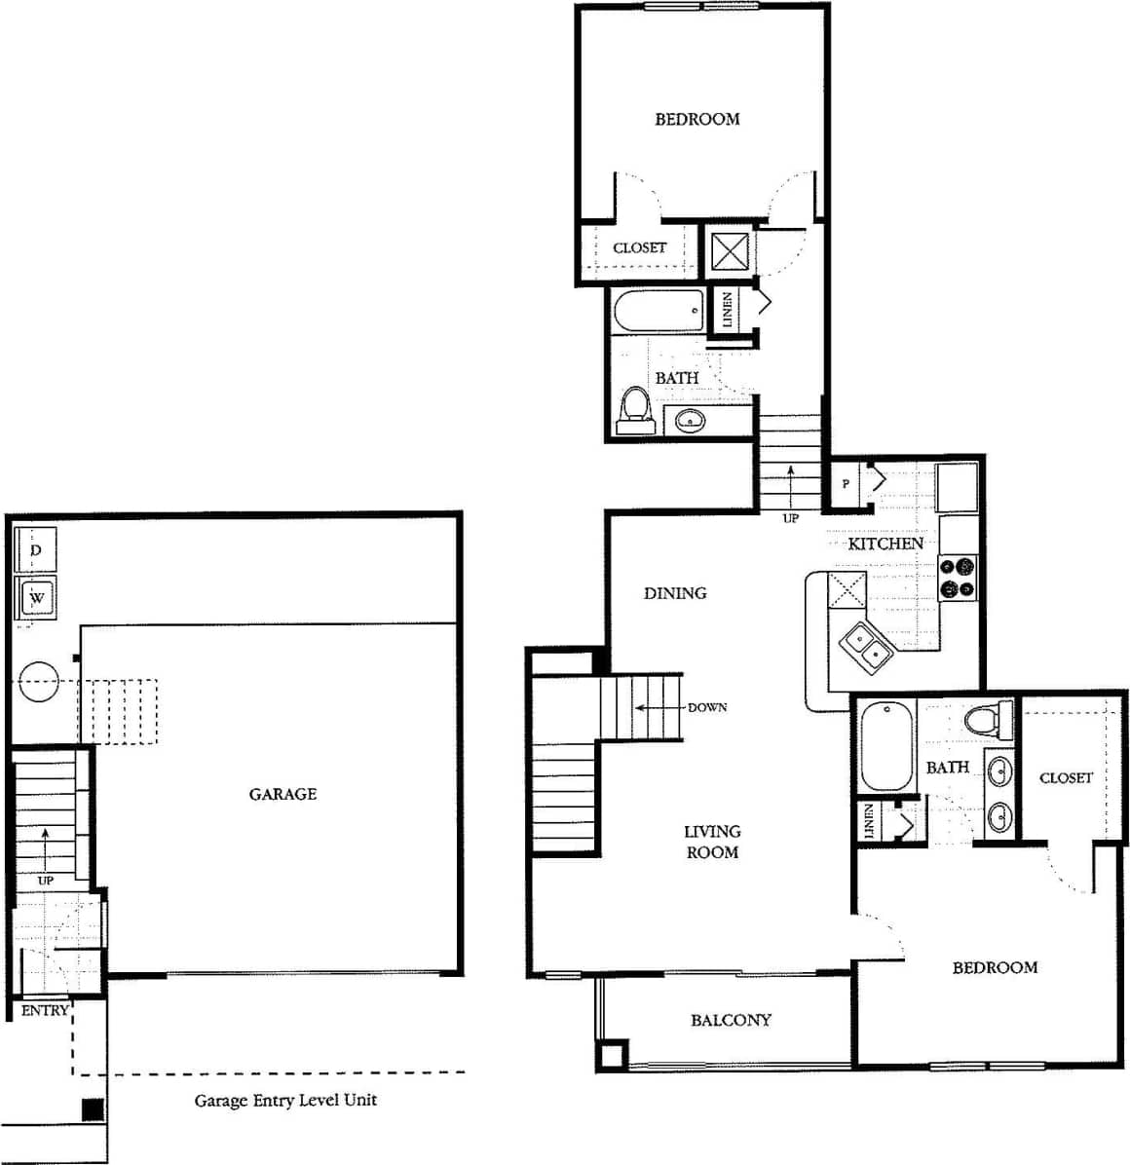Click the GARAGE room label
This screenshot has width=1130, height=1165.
pos(282,794)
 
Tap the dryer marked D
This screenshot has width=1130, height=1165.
pos(36,550)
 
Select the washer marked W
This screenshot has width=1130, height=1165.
pos(37,596)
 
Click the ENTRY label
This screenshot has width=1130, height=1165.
pos(45,1010)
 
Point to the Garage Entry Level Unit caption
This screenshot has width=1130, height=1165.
pos(285,1100)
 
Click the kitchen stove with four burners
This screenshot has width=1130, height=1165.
pos(958,577)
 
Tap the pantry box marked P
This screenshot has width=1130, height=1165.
pos(846,484)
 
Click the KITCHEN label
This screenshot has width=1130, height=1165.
pos(885,543)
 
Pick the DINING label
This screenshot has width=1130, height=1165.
pos(675,592)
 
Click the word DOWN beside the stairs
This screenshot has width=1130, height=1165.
pos(707,707)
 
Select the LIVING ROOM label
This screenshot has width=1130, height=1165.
pos(711,842)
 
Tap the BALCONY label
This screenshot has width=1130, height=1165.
pos(731,1020)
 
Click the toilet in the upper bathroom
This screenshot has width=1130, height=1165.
pos(635,410)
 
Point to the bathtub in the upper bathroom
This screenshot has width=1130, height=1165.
pos(659,311)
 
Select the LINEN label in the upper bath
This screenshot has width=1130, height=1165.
pos(728,310)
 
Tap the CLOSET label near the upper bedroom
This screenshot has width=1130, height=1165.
pos(639,247)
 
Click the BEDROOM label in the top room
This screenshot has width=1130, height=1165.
pos(697,119)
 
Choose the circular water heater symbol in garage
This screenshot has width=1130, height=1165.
pos(39,682)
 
